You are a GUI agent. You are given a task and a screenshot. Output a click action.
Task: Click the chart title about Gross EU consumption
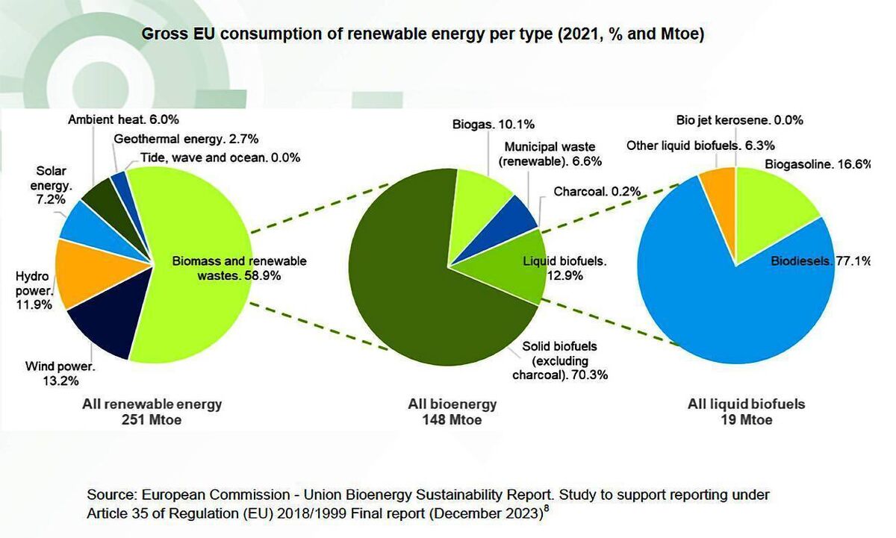coord(423,34)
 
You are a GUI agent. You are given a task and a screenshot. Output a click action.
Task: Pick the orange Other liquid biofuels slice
coord(719,190)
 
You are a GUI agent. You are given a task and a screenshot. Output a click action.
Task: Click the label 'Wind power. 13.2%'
coord(59,373)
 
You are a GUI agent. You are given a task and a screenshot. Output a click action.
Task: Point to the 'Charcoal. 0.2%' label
coord(597,192)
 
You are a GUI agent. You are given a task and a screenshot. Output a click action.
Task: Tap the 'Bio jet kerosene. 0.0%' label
coord(739,120)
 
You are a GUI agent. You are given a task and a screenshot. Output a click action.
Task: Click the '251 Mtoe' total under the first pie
coord(152,420)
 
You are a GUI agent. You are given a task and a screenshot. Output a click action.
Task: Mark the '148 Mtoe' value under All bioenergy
coord(451,420)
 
